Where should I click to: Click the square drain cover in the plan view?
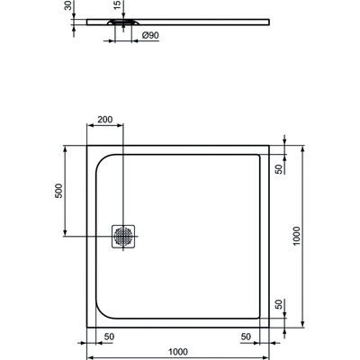pyautogui.click(x=123, y=236)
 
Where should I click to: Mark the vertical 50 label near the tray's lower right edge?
pyautogui.click(x=280, y=303)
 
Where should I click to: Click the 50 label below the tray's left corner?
pyautogui.click(x=108, y=335)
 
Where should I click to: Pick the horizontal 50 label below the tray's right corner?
pyautogui.click(x=245, y=335)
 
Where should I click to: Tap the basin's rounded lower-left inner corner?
pyautogui.click(x=100, y=312)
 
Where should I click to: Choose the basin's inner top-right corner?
pyautogui.click(x=258, y=154)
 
